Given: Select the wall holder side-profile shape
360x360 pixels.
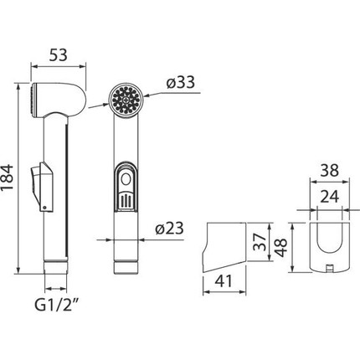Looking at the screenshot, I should [226, 247].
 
